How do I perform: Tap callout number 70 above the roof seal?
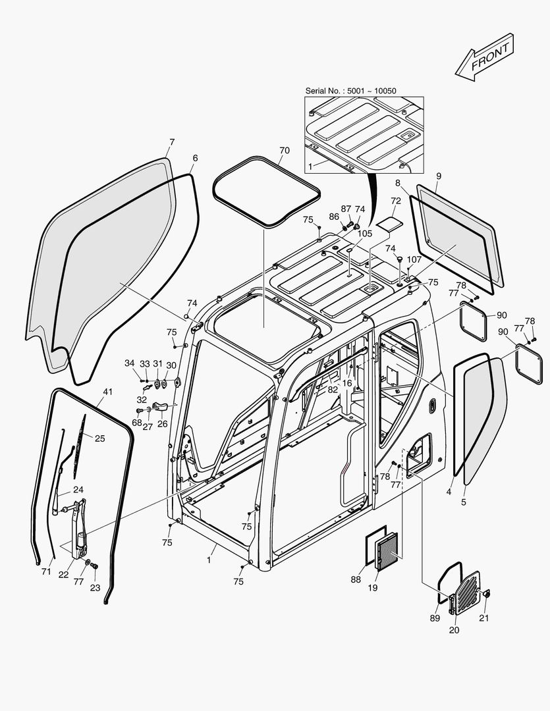[x=284, y=151]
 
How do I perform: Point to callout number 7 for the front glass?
[x=172, y=142]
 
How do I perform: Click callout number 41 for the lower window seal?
[x=108, y=392]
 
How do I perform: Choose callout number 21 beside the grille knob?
[x=484, y=617]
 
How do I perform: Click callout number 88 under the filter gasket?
[x=356, y=579]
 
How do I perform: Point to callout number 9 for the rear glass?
[x=439, y=176]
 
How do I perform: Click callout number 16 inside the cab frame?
[x=346, y=382]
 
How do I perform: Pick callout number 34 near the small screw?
[x=129, y=363]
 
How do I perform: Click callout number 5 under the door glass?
[x=463, y=502]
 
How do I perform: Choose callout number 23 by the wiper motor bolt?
[x=95, y=588]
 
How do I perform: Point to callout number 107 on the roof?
[x=414, y=259]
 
